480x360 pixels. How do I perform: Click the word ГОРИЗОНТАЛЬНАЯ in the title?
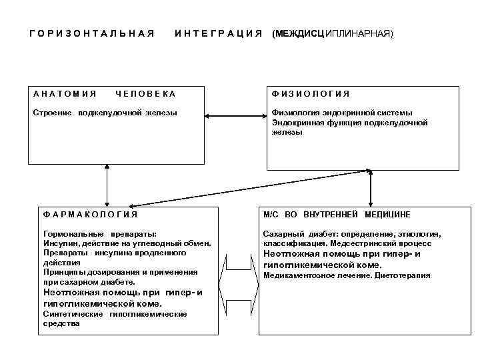point(93,33)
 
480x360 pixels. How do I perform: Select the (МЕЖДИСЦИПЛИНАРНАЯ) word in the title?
point(333,33)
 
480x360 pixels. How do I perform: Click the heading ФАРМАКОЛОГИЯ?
point(90,214)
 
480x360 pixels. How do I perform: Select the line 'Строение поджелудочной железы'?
point(105,113)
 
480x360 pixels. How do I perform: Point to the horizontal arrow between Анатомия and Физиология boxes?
point(236,117)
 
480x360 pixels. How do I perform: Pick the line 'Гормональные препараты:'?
point(99,235)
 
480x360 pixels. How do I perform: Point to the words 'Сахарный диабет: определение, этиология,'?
point(352,235)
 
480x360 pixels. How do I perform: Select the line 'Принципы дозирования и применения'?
point(120,272)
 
